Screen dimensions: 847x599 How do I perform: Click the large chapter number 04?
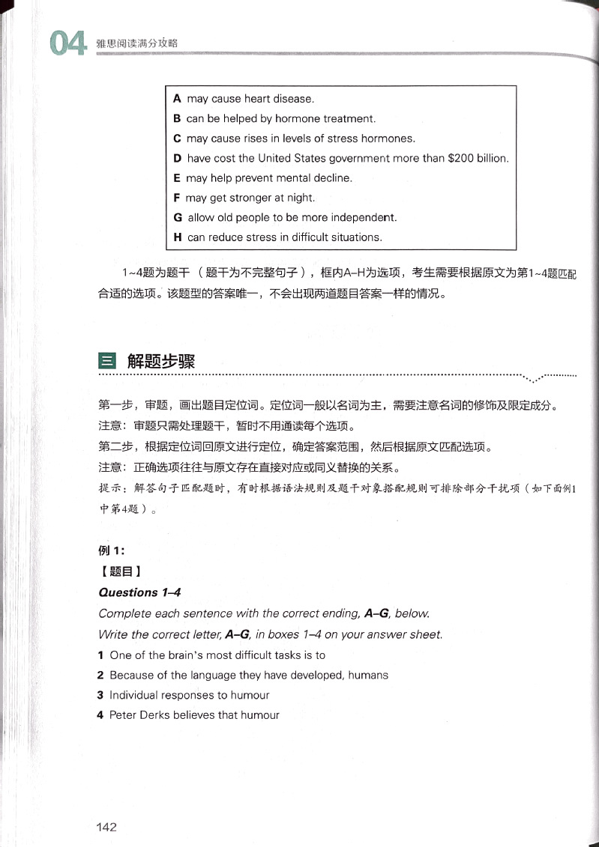[x=67, y=44]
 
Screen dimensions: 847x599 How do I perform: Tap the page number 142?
[x=106, y=827]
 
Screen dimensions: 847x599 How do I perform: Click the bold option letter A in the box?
[x=178, y=99]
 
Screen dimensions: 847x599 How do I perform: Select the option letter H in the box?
[x=178, y=237]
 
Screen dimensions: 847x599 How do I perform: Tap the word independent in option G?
[x=366, y=218]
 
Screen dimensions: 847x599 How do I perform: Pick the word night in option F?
[x=299, y=198]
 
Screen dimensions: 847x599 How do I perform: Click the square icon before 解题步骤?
[x=107, y=362]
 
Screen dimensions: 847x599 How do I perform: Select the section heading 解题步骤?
[x=161, y=362]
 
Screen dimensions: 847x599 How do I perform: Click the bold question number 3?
[x=100, y=695]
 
